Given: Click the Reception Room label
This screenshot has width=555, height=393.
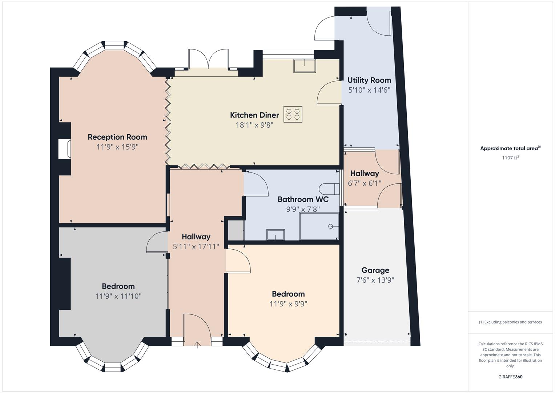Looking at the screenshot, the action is (117, 137).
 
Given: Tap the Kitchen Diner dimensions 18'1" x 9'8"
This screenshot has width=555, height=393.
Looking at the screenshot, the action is (254, 125).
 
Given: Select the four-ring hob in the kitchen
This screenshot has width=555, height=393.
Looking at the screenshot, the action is (293, 114).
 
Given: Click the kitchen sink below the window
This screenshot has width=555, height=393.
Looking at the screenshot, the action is (305, 66).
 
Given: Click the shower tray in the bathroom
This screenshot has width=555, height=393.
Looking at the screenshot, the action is (319, 226).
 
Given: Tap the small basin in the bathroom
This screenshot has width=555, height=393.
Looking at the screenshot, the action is (276, 235).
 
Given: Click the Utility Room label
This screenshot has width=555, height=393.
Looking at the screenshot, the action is (369, 80).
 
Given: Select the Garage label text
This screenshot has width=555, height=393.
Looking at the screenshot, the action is (375, 270).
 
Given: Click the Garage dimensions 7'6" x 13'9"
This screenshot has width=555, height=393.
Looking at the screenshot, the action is (375, 280).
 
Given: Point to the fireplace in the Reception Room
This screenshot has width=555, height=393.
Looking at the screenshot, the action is (64, 149).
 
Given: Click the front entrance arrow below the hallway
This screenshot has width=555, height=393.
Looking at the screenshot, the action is (197, 345).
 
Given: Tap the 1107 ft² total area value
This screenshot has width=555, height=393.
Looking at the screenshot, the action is (510, 158).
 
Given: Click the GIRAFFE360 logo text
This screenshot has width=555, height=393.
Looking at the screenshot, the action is (510, 377).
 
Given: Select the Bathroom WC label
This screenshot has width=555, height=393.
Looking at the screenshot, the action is (303, 199).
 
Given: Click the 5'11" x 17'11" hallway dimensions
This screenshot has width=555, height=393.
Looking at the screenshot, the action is (196, 247).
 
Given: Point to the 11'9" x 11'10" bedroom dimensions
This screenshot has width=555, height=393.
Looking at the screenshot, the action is (118, 296).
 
